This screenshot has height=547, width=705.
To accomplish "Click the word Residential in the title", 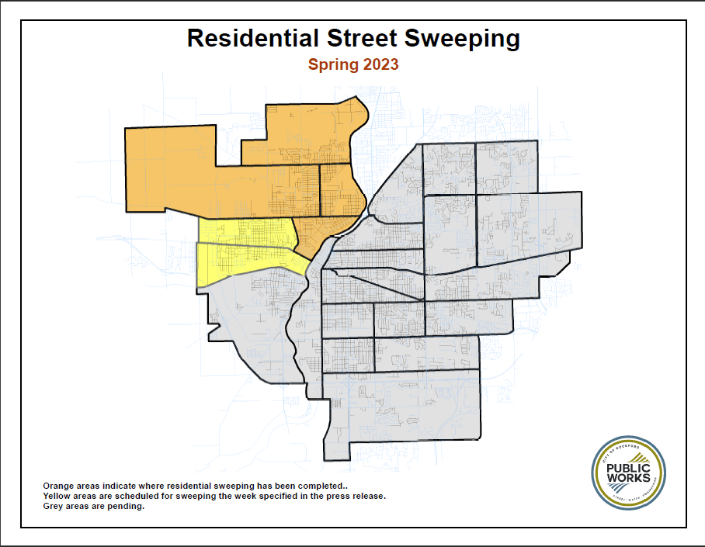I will [x=248, y=37].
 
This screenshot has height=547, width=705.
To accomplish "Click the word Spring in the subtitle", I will [x=333, y=64].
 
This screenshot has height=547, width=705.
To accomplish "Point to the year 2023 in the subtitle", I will [x=380, y=64].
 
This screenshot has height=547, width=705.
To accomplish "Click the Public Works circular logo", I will [x=628, y=473].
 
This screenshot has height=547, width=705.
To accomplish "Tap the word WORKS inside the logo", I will [x=629, y=478].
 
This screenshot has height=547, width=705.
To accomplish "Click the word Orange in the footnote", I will [x=58, y=484].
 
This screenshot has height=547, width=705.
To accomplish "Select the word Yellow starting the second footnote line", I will [x=57, y=495].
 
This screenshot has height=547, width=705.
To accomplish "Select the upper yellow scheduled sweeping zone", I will [x=245, y=232].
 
